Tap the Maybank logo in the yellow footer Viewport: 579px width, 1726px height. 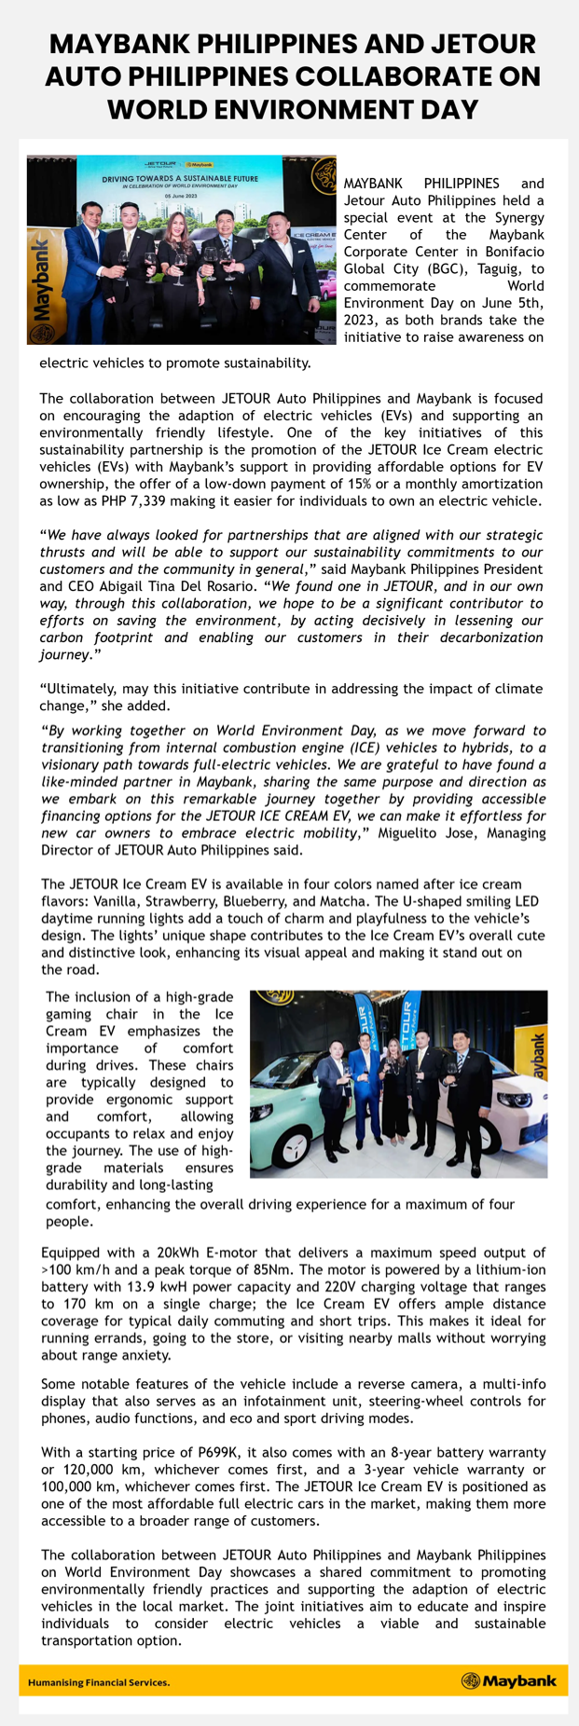tap(508, 1681)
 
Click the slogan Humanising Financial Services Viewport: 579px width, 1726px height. tap(99, 1682)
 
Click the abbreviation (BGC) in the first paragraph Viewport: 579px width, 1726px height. tap(446, 252)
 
